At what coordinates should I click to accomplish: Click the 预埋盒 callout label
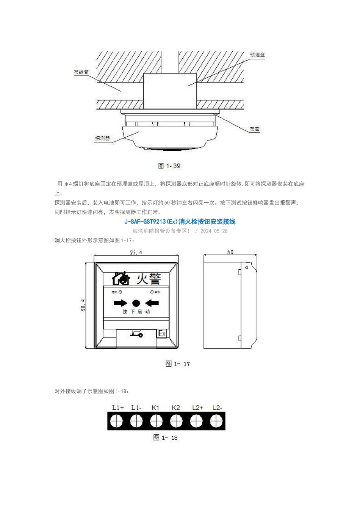257,55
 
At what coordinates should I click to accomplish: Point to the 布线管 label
81,71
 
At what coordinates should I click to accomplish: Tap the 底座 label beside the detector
255,129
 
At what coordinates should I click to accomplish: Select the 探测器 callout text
102,139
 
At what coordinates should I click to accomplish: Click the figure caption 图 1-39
169,166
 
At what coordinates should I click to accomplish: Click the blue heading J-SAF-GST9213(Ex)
180,222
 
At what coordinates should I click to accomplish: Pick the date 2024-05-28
214,231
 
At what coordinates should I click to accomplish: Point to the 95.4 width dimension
136,253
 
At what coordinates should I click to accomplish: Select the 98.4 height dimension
83,305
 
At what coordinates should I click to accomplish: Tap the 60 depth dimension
230,252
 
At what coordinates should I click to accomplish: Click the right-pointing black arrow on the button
121,303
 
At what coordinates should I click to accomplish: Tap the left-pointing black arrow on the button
152,303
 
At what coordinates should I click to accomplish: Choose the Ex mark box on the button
162,333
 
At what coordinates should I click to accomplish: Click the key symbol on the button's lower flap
136,334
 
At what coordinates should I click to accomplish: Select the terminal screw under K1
156,421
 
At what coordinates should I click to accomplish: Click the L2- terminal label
217,408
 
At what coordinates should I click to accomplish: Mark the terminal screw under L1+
116,421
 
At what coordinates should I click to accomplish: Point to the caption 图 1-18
165,438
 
